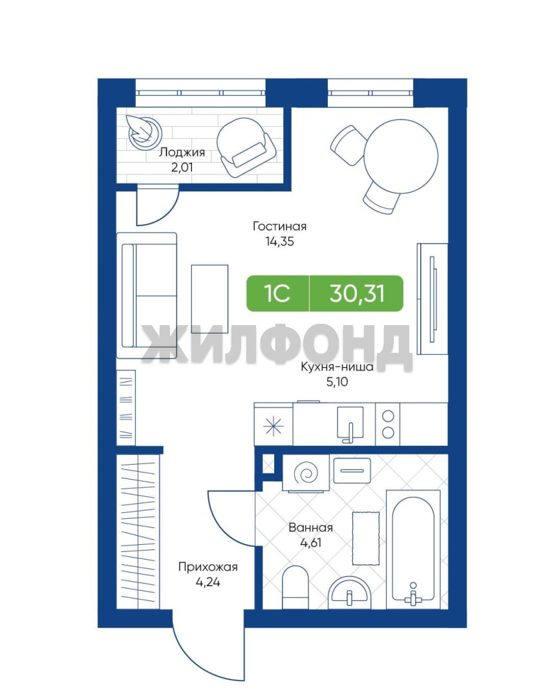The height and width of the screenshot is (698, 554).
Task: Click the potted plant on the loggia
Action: coord(144,132)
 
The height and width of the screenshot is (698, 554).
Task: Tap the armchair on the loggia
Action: coord(246,147)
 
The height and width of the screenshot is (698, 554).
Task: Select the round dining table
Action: coord(401,156)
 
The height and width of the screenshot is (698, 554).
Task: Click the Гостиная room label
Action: coord(280,226)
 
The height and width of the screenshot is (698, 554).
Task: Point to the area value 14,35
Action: coord(280,242)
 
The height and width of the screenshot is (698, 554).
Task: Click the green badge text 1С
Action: coord(277,294)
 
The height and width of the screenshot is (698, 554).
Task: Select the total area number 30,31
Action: coord(357,294)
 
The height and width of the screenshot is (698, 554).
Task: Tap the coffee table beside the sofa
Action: coord(209,296)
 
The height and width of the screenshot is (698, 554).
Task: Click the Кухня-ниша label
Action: coord(337,367)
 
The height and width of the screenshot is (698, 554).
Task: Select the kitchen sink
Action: coord(350,425)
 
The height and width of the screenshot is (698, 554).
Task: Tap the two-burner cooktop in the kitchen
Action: coord(388,424)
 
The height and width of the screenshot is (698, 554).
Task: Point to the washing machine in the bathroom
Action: coord(306,474)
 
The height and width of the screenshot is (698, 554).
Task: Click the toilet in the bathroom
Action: coord(295,587)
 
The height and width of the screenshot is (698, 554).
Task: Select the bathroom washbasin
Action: coord(350,593)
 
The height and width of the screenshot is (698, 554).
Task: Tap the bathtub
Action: coord(413,550)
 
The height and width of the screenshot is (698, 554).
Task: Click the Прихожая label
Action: coord(208,567)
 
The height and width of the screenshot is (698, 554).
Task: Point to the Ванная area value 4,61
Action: coord(311,543)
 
